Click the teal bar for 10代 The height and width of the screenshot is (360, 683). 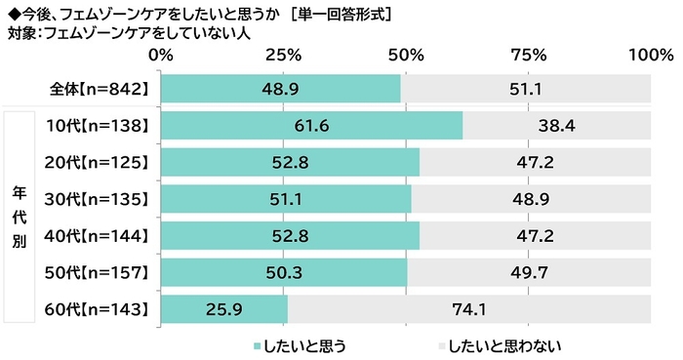[310, 126]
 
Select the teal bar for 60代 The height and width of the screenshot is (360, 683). [223, 309]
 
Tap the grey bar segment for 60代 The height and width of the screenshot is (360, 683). [469, 309]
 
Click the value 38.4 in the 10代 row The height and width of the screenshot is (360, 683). [556, 126]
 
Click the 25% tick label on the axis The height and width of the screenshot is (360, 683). [283, 55]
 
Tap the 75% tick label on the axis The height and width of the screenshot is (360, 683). [528, 55]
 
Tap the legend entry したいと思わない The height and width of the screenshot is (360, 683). [501, 343]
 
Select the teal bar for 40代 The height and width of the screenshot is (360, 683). [289, 236]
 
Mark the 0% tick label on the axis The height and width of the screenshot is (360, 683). [160, 55]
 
